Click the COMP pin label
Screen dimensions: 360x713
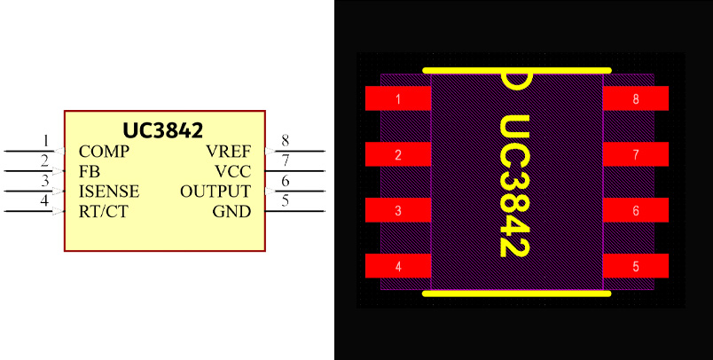(104, 151)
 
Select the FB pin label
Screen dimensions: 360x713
(89, 171)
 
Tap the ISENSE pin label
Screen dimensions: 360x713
(109, 192)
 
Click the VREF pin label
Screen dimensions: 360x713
(229, 151)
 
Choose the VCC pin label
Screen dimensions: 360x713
(233, 171)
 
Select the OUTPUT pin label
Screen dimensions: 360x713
(215, 192)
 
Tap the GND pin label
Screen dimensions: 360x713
(231, 212)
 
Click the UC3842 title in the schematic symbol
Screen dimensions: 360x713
(163, 129)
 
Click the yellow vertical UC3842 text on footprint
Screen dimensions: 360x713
(514, 186)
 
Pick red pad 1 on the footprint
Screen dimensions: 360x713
(398, 98)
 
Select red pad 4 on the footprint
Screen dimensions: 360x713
(398, 266)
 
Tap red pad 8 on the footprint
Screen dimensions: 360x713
(636, 98)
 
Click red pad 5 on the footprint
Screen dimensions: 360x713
(636, 266)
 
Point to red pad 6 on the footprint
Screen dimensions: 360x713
(636, 211)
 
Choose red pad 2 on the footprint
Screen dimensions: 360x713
(398, 155)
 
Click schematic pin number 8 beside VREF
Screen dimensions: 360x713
(285, 140)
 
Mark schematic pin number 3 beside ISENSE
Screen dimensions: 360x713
(45, 181)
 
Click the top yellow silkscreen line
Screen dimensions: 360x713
(517, 69)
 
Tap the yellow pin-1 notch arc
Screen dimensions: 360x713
(517, 82)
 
